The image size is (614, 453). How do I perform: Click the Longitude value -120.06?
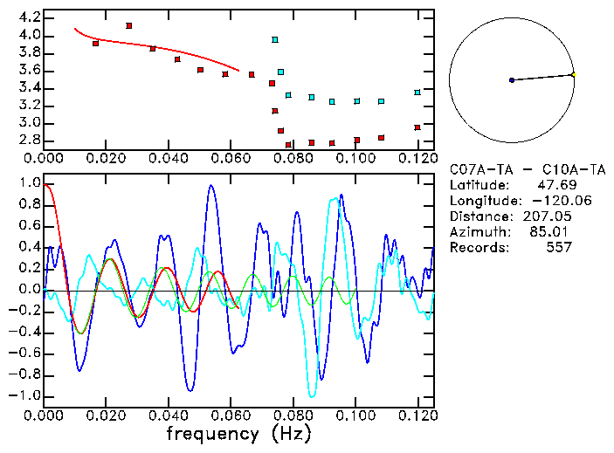click(549, 201)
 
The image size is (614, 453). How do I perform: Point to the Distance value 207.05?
click(549, 216)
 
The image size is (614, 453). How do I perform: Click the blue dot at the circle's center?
click(512, 80)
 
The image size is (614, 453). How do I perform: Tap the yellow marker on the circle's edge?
click(573, 74)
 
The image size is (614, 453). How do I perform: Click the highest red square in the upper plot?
click(129, 26)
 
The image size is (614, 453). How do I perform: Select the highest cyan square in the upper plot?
click(275, 40)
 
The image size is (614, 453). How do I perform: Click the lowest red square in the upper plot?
click(288, 145)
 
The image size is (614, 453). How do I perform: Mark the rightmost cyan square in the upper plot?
click(417, 93)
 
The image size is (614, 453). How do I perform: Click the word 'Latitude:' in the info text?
click(479, 185)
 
